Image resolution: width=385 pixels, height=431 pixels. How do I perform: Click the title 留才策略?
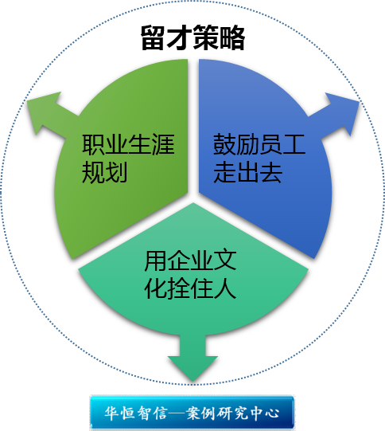(192, 37)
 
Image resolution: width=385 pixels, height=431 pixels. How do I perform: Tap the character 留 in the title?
(154, 37)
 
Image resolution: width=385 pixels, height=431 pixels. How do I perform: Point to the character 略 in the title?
(232, 37)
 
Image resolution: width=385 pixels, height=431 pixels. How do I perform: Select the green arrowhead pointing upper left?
(44, 110)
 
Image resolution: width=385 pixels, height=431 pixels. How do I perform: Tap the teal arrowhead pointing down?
(193, 368)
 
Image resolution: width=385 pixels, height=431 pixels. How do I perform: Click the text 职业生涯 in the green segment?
(128, 144)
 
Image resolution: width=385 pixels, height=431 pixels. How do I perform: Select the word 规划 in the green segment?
(104, 172)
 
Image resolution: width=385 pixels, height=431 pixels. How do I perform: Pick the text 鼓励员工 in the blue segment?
(259, 144)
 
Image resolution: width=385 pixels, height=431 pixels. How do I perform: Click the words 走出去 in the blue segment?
(248, 172)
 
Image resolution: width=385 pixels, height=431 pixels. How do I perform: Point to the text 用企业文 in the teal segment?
(190, 261)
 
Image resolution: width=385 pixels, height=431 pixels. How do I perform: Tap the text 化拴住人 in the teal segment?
(190, 288)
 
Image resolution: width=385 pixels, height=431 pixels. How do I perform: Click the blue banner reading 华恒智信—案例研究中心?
(192, 412)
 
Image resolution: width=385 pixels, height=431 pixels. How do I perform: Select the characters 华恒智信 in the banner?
(135, 413)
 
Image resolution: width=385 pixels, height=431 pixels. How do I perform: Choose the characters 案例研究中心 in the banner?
(233, 413)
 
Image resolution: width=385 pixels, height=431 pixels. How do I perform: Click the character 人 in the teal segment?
(225, 288)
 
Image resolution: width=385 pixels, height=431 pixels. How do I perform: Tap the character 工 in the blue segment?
(294, 144)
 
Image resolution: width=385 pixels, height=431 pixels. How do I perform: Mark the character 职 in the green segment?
(93, 144)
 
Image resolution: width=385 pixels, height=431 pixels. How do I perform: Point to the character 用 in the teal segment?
(156, 261)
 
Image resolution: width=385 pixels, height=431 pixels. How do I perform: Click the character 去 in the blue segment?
(271, 172)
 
